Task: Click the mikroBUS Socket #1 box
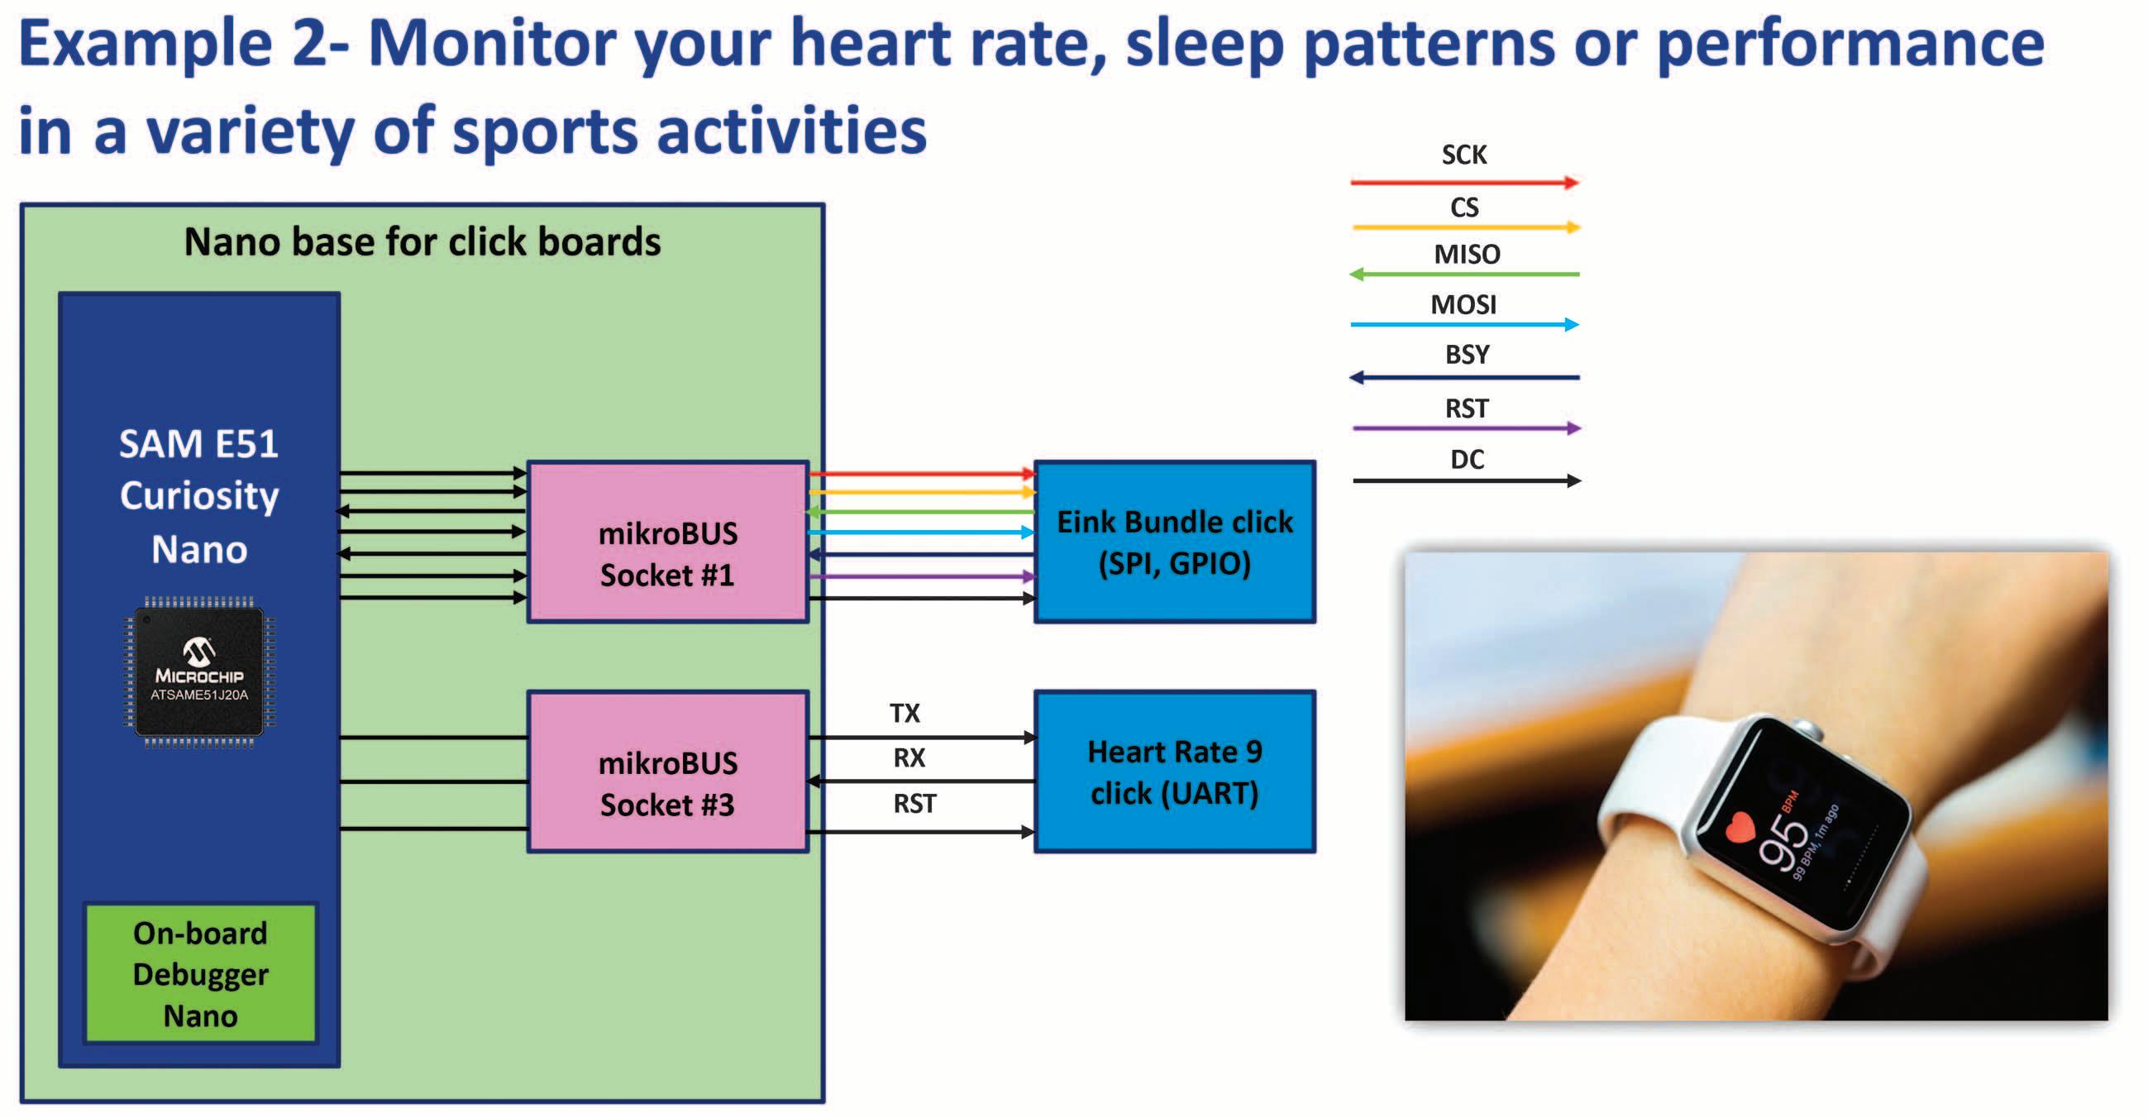coord(668,542)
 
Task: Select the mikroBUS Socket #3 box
coord(668,772)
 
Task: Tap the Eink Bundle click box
coord(1175,542)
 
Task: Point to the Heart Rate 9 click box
coord(1175,772)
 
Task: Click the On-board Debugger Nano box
coord(200,973)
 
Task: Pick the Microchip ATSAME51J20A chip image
coord(199,672)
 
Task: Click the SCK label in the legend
coord(1464,155)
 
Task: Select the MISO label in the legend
coord(1467,255)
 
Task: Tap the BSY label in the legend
coord(1467,354)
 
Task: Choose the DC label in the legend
coord(1467,460)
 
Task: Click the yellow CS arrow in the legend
coord(1465,227)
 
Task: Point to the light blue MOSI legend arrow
coord(1465,324)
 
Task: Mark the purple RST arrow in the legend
coord(1467,428)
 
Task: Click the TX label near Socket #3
coord(905,714)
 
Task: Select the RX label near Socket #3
coord(909,757)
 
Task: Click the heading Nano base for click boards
coord(422,241)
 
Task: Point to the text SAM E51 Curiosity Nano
coord(199,496)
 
